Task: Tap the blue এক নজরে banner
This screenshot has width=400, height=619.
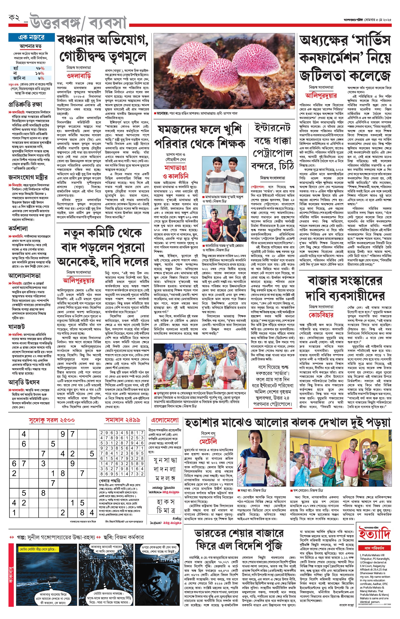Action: (32, 37)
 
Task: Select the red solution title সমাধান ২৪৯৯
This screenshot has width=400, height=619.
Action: (123, 420)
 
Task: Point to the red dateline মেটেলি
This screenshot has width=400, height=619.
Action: (208, 441)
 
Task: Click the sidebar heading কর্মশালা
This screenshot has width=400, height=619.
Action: (18, 229)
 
